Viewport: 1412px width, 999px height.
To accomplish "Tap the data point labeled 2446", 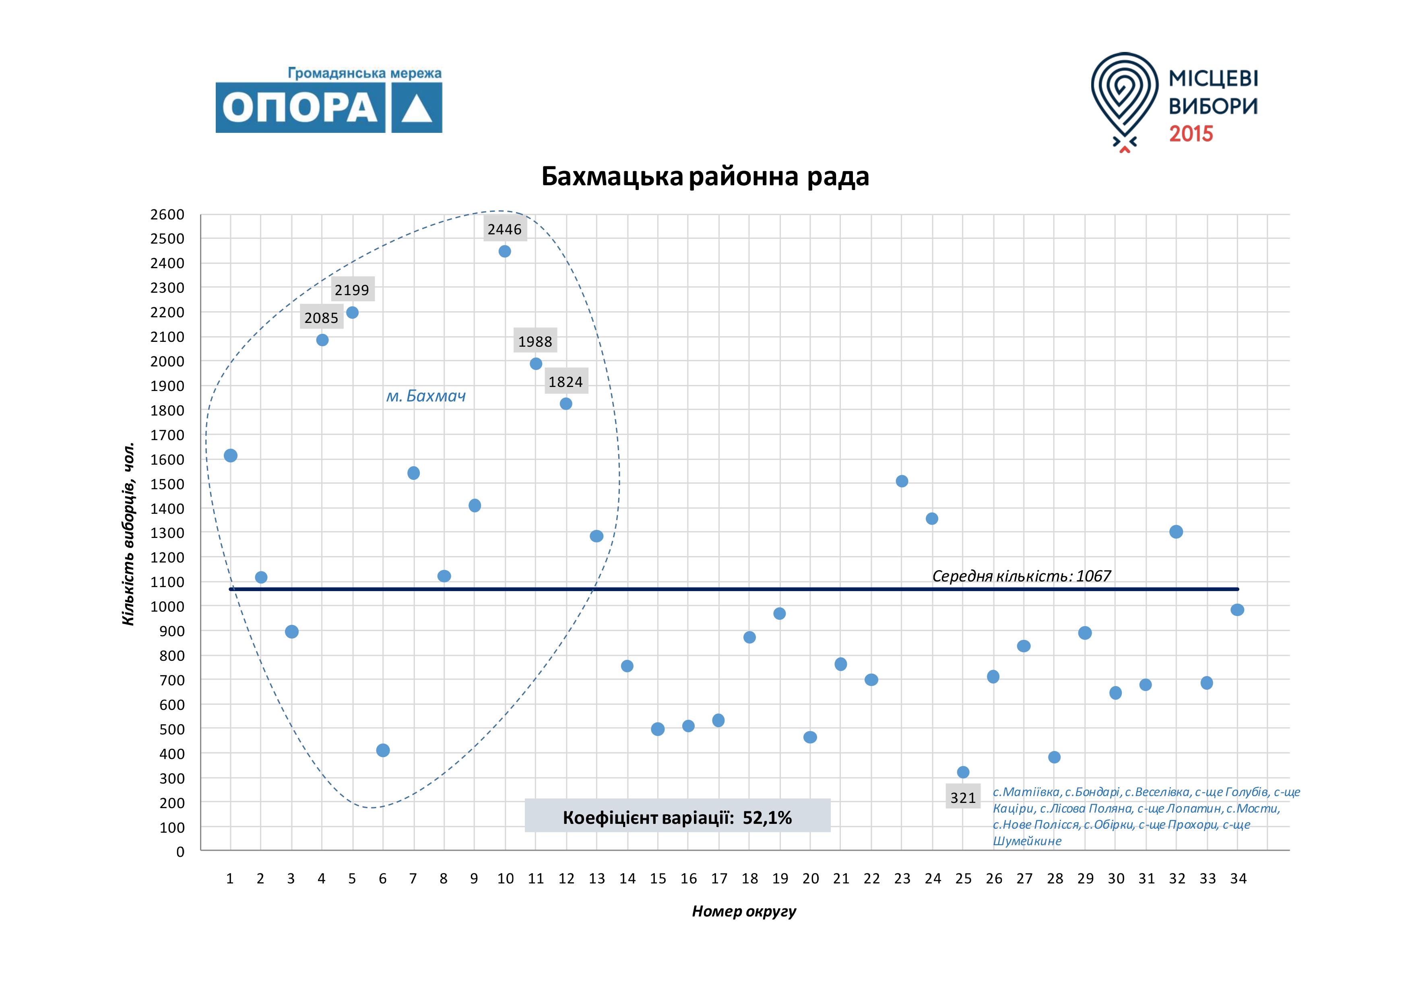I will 505,251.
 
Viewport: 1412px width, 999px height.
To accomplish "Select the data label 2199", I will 352,290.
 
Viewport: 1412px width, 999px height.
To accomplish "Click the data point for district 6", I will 382,751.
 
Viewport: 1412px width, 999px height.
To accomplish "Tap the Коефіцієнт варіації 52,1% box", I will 677,817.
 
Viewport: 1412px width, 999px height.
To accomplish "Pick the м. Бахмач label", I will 425,396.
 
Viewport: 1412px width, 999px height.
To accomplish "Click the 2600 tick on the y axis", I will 167,215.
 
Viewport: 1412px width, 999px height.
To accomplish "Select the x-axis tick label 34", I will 1238,879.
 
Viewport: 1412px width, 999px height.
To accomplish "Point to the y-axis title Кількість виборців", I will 128,534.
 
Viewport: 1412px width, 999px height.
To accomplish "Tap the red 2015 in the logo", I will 1191,134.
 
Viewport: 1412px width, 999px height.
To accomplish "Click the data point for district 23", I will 902,481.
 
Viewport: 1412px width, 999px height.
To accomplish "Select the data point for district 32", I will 1176,532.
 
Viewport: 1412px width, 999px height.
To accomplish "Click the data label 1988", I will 535,341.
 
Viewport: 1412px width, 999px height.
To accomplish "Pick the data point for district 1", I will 231,456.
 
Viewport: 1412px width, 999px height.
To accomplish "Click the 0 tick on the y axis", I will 180,852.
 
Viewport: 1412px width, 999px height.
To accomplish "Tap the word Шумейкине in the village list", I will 1027,841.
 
